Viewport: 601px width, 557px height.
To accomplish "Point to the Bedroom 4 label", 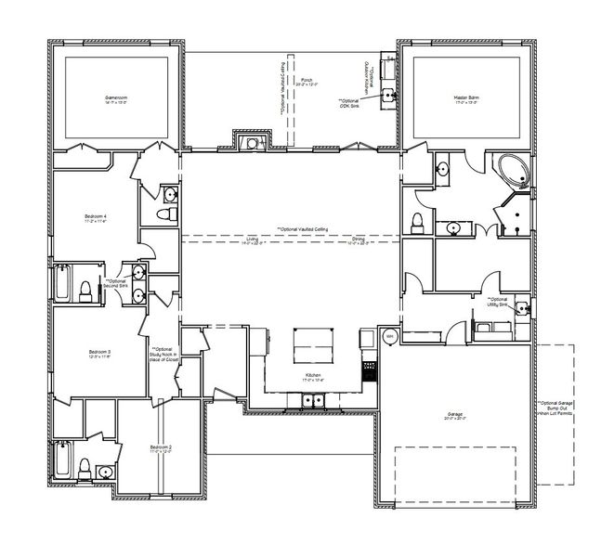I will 97,219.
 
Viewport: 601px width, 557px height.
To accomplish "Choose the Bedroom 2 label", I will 161,448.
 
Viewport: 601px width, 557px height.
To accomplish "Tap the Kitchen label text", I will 313,377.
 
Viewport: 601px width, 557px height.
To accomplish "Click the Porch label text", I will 307,82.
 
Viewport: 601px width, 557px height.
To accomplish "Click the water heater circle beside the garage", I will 390,335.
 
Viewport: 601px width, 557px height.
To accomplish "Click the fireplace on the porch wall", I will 249,142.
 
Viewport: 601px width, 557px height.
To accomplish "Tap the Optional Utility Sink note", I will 499,302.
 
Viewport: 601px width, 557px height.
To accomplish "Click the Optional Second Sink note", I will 116,282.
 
